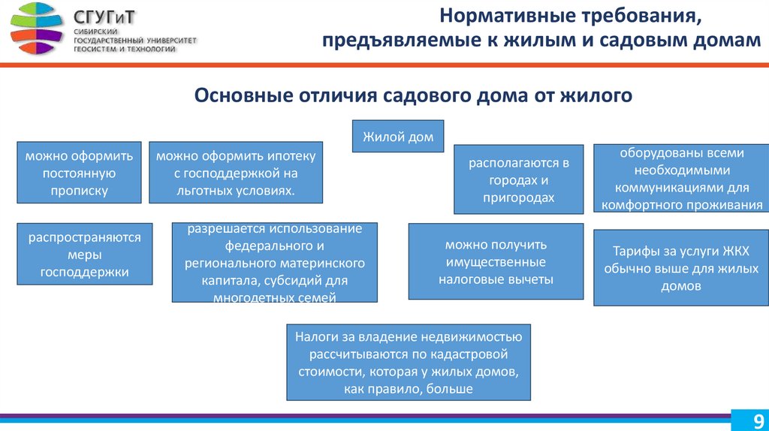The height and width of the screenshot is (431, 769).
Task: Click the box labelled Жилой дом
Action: pyautogui.click(x=398, y=137)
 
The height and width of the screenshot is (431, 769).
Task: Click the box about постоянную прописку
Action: pyautogui.click(x=79, y=173)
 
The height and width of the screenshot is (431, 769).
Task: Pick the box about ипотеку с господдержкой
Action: pyautogui.click(x=236, y=173)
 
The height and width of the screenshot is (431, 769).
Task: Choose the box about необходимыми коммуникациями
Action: pyautogui.click(x=681, y=179)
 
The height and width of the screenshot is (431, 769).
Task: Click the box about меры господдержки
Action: pyautogui.click(x=85, y=255)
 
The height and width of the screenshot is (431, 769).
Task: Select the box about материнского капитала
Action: pyautogui.click(x=274, y=263)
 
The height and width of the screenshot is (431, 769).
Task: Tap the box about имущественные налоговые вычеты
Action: pyautogui.click(x=496, y=262)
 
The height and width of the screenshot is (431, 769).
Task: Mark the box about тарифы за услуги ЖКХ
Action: pyautogui.click(x=681, y=268)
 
